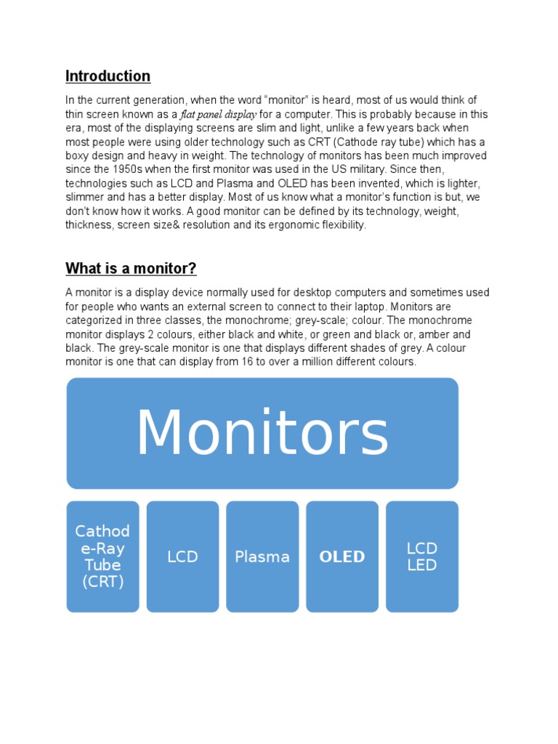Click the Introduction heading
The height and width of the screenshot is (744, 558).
108,76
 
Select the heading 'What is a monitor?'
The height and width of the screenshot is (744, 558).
131,269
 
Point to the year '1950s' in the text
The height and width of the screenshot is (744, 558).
128,170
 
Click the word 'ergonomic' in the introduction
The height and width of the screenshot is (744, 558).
294,225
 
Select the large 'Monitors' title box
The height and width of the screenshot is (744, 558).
262,433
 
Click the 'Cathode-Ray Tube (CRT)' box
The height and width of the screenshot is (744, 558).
102,557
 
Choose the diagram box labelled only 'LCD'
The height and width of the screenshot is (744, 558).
182,557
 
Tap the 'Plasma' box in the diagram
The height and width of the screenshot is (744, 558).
262,557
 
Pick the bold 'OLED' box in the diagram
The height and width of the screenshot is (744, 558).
342,557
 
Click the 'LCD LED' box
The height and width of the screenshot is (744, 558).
422,557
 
